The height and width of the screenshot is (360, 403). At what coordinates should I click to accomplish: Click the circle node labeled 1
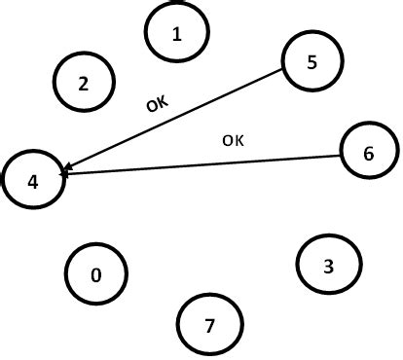click(176, 33)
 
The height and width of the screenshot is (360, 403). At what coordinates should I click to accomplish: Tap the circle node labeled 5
click(311, 61)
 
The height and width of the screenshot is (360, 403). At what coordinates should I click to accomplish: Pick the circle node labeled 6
click(368, 154)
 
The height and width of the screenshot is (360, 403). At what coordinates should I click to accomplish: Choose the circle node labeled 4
click(34, 179)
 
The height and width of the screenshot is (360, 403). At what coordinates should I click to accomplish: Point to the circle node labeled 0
click(95, 274)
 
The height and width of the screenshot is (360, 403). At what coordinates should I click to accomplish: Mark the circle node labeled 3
click(329, 264)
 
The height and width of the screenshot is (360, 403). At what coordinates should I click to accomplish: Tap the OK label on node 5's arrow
click(157, 102)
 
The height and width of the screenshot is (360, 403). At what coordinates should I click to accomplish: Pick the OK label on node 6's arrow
click(234, 140)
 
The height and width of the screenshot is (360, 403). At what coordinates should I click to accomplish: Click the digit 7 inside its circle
click(210, 323)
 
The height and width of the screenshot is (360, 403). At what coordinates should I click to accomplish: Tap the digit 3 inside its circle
click(329, 265)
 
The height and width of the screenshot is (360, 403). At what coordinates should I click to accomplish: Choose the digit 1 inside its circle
click(176, 34)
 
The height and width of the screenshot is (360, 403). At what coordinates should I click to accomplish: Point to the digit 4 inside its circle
click(34, 180)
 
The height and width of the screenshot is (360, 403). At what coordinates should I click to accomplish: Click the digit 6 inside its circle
click(368, 154)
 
